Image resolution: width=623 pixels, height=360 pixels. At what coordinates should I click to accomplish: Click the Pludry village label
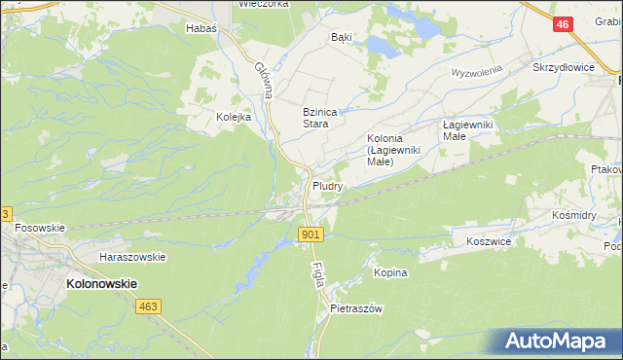327,185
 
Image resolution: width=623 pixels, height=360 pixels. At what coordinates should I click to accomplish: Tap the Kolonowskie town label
101,283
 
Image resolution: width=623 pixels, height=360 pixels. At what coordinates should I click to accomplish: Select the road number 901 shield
311,234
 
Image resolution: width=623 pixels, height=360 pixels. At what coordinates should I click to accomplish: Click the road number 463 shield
148,306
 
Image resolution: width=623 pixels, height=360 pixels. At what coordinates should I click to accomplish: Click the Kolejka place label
234,117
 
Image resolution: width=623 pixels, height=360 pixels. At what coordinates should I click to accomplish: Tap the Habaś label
201,29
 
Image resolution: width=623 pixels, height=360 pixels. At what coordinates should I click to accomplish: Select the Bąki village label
341,37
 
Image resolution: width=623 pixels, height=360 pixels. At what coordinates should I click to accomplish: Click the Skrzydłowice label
563,68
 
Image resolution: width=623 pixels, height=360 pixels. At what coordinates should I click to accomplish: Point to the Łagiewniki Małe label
468,130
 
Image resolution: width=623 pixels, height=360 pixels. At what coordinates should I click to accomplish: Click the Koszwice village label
490,240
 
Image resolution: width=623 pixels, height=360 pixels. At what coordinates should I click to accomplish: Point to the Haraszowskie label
132,257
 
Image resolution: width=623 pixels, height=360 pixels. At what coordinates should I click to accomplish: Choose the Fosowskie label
40,228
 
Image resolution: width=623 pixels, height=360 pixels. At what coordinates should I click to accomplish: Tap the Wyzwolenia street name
475,73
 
